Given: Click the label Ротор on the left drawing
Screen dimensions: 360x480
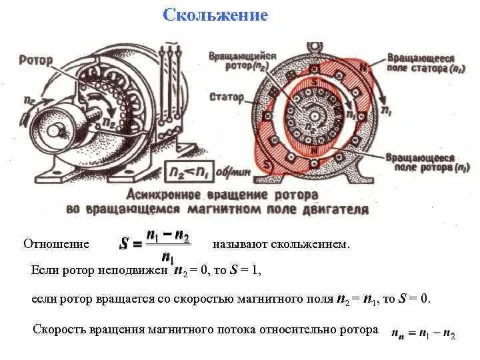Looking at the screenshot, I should (x=37, y=60).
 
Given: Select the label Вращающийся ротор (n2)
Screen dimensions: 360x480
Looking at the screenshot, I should (x=241, y=61).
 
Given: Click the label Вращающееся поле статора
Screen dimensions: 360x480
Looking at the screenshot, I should (x=427, y=63).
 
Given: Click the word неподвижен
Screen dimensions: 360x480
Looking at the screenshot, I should (x=137, y=271).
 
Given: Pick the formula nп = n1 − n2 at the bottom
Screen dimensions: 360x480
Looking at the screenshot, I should (x=423, y=331).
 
